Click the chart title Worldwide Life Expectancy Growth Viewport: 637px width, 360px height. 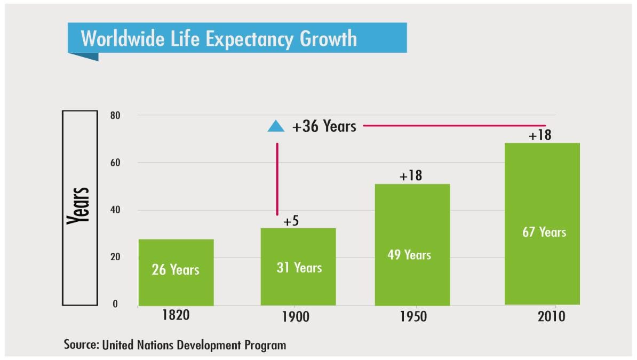(x=219, y=39)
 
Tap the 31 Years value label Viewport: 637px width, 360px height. (x=299, y=267)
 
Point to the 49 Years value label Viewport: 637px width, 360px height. (x=409, y=255)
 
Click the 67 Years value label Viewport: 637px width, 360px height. (x=544, y=232)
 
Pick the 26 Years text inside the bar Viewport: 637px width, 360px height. (x=176, y=270)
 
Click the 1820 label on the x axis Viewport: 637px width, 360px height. (x=176, y=315)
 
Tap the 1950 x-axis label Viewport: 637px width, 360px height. (x=413, y=317)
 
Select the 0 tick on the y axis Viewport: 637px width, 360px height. (x=115, y=305)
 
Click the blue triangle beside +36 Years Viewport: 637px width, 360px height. (x=276, y=126)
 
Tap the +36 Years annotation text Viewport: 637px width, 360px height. (x=324, y=126)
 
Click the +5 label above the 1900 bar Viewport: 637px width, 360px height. (x=291, y=221)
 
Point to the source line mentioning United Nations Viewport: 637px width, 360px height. (x=175, y=345)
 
